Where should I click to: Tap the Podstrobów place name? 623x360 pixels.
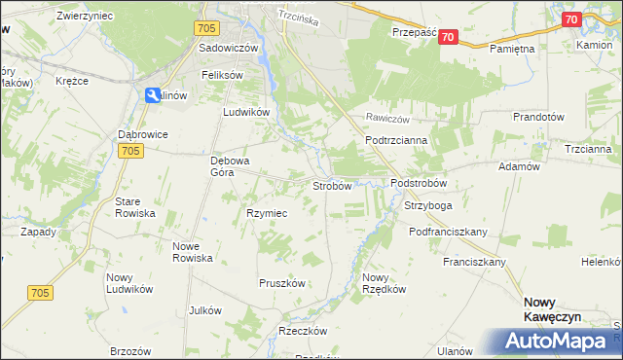point(418,183)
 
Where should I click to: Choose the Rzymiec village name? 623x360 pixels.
point(265,213)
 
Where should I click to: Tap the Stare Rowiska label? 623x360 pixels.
point(134,207)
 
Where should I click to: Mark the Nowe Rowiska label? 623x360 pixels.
point(192,252)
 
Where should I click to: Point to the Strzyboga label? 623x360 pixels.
point(428,206)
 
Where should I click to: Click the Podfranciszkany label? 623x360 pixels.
point(448,232)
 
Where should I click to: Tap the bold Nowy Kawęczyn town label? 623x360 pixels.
point(551,309)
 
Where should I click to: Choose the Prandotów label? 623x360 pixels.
point(538,117)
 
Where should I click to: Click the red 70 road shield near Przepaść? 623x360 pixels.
point(447,37)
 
